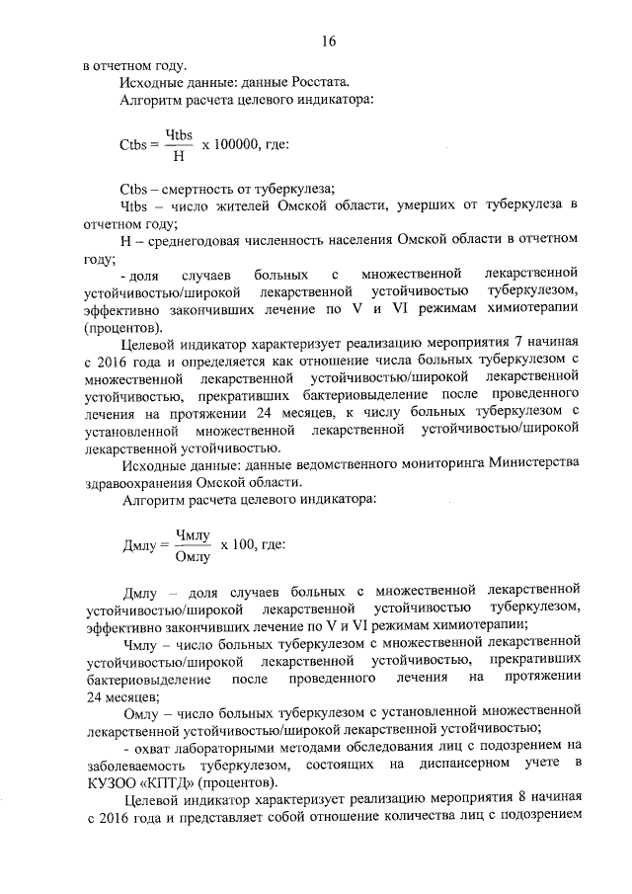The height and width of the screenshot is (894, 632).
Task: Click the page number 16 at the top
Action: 329,41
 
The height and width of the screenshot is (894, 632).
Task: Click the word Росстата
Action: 315,83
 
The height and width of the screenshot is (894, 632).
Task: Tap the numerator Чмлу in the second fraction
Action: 193,534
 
